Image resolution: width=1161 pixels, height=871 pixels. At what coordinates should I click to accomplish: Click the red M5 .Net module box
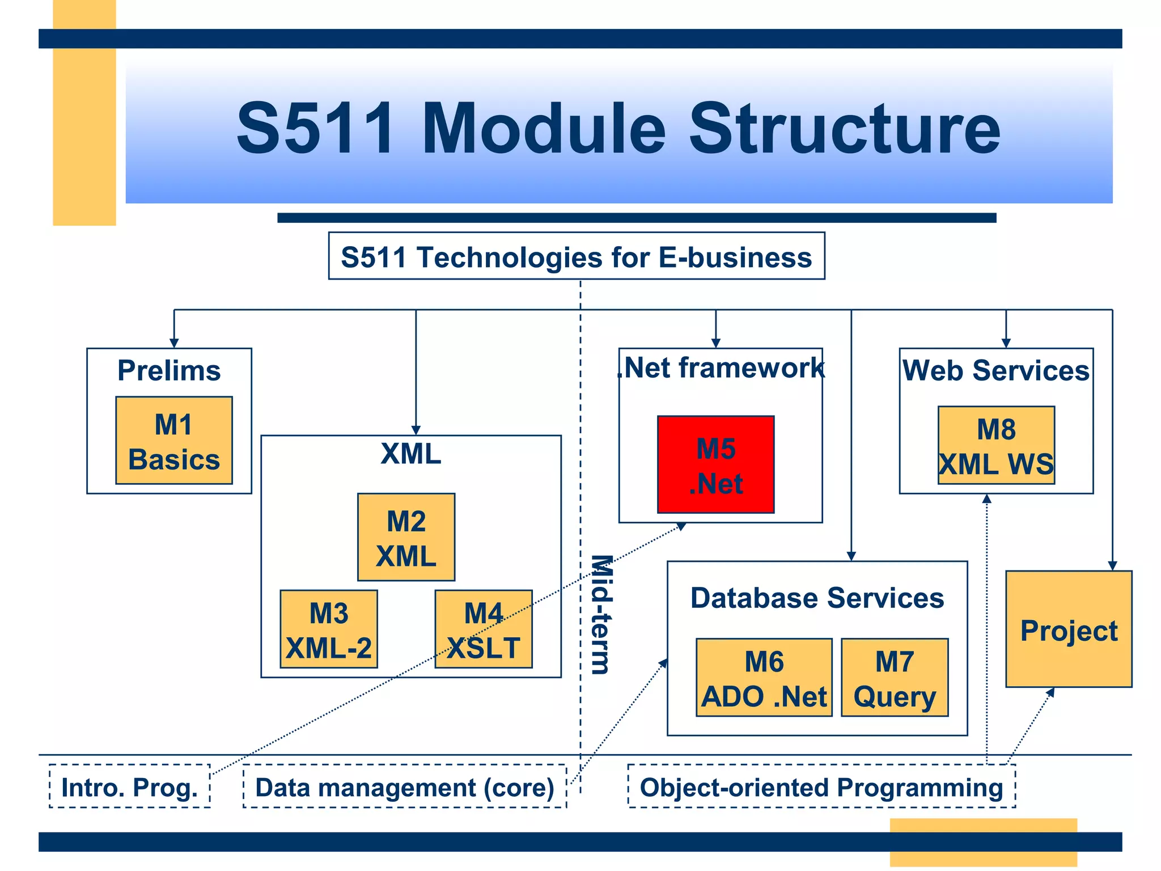[715, 464]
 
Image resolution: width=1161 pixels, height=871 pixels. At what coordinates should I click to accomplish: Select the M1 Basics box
[174, 441]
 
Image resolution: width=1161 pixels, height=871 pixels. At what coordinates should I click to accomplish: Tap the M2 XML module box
[406, 537]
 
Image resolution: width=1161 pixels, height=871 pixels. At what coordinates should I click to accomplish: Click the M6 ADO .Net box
[764, 678]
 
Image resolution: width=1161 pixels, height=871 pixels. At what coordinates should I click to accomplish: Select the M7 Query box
[895, 678]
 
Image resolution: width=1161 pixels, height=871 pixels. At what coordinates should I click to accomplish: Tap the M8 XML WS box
[996, 445]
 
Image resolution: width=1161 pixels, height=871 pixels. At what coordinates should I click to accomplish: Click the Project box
[1069, 629]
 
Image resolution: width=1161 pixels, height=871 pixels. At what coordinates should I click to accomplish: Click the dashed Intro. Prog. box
[130, 787]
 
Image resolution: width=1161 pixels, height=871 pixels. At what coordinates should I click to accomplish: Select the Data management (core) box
[405, 787]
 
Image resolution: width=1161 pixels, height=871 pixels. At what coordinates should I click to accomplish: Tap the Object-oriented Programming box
[821, 787]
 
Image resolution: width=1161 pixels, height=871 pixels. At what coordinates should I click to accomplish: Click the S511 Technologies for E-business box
[577, 256]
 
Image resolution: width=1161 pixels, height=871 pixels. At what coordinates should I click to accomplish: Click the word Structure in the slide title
[845, 129]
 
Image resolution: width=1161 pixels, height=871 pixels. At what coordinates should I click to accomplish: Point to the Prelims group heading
[169, 371]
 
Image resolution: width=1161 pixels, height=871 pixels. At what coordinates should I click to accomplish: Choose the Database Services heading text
[817, 598]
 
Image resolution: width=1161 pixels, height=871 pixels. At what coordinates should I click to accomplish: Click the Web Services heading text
[996, 371]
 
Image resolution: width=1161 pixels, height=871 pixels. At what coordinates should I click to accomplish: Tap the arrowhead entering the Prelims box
[174, 343]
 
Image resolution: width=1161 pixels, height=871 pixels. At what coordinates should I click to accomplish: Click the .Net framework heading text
[721, 368]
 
